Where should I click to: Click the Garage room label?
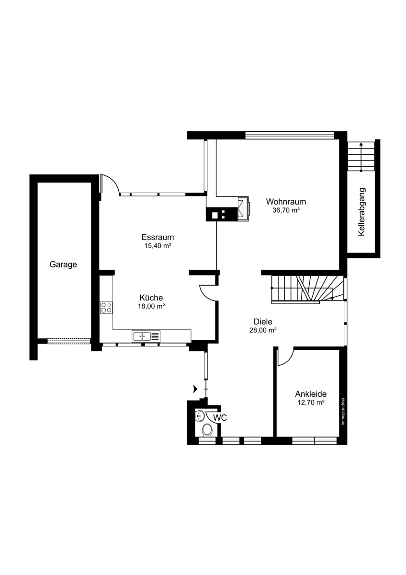pyautogui.click(x=63, y=264)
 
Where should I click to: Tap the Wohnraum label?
pyautogui.click(x=286, y=202)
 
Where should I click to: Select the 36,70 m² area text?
pyautogui.click(x=286, y=210)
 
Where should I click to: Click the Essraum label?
pyautogui.click(x=158, y=237)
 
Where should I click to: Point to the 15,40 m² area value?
pyautogui.click(x=158, y=246)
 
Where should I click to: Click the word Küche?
pyautogui.click(x=151, y=298)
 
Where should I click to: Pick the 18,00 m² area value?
pyautogui.click(x=151, y=306)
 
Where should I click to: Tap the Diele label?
pyautogui.click(x=263, y=322)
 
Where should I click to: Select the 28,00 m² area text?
pyautogui.click(x=263, y=330)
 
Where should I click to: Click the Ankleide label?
pyautogui.click(x=311, y=394)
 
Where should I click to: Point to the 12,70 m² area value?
pyautogui.click(x=311, y=402)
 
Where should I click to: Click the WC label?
pyautogui.click(x=220, y=418)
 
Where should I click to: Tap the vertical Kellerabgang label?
pyautogui.click(x=361, y=212)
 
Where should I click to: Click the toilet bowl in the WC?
pyautogui.click(x=207, y=430)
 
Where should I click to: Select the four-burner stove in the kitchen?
pyautogui.click(x=106, y=307)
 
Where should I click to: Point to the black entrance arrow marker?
pyautogui.click(x=195, y=389)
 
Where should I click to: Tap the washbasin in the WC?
pyautogui.click(x=200, y=416)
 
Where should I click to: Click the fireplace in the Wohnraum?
pyautogui.click(x=243, y=209)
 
